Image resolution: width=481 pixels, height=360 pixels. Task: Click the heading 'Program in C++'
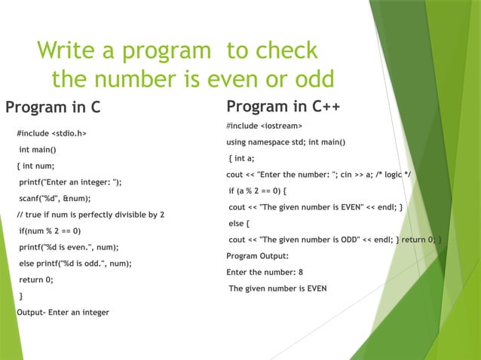coord(283,105)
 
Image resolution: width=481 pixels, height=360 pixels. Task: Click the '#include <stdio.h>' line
coord(51,133)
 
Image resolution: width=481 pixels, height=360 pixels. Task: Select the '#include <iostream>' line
coord(265,125)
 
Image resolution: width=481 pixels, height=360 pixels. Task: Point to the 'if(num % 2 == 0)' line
coord(50,231)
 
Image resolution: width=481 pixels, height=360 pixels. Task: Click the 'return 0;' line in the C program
coord(36,279)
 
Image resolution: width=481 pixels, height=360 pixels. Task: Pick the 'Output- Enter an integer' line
coord(63,312)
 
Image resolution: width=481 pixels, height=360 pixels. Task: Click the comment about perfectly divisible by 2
coord(90,215)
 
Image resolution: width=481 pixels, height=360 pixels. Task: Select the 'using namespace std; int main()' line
coord(286,142)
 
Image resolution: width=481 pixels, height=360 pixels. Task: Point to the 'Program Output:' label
coord(258,256)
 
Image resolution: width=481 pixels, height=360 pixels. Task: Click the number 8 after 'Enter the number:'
coord(300,272)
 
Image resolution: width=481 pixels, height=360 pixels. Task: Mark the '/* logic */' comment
coord(404,175)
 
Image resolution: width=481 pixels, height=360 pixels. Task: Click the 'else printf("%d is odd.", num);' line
coord(75,264)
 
